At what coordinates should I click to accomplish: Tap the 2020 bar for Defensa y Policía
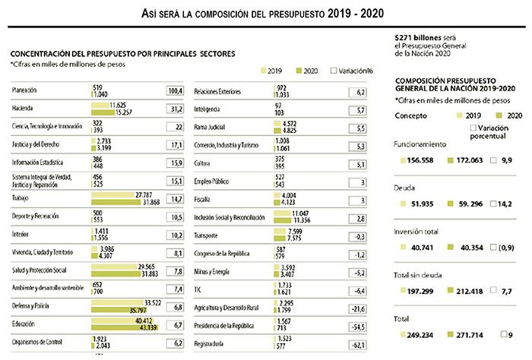pyautogui.click(x=118, y=309)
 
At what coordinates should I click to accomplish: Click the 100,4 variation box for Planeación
pyautogui.click(x=176, y=91)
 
